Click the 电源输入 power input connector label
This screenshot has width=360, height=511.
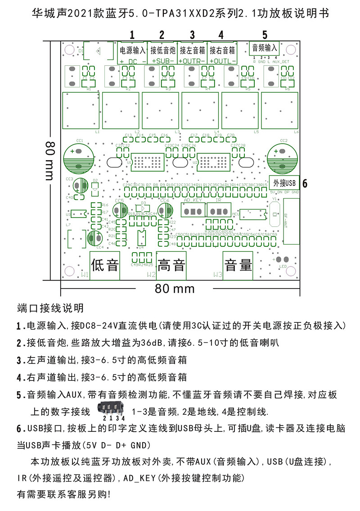tap(132, 50)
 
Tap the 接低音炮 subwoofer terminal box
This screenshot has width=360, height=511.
tap(162, 50)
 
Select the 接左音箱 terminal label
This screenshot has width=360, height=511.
tap(192, 50)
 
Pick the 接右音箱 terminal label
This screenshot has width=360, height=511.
tap(222, 50)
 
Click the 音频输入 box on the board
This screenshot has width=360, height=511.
tap(265, 47)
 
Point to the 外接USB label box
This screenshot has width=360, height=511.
tap(284, 183)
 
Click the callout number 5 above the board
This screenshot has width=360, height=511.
tap(265, 35)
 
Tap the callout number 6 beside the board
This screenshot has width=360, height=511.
tap(305, 184)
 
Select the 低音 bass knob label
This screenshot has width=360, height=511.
tap(105, 265)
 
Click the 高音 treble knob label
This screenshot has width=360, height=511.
tap(171, 265)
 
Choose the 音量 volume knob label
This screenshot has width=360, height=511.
tap(238, 265)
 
